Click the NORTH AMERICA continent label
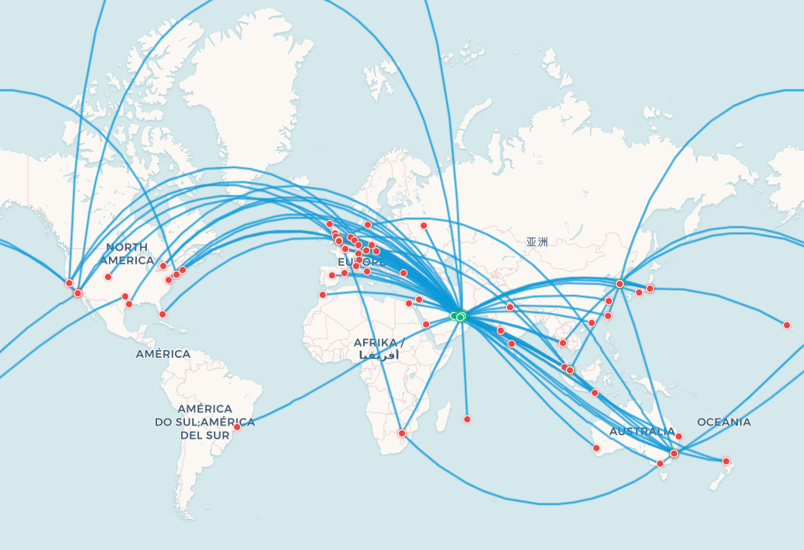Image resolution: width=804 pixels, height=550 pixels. tap(127, 254)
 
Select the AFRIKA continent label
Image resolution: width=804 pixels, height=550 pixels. tap(379, 343)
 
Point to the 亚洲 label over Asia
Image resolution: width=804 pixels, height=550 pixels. tap(537, 242)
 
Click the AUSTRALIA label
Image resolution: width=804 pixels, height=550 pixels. tap(642, 432)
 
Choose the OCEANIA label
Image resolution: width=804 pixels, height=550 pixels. tap(724, 422)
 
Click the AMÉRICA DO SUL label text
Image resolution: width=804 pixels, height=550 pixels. tap(205, 422)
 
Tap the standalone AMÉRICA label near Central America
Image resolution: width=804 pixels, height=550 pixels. tap(163, 354)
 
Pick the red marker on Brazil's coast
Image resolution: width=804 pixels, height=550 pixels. tap(237, 426)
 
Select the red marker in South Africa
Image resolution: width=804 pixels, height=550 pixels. tap(402, 433)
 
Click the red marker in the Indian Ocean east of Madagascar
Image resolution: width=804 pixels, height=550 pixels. tap(467, 419)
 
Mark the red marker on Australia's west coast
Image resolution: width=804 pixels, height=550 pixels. tap(596, 448)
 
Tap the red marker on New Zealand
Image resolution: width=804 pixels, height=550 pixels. tap(726, 461)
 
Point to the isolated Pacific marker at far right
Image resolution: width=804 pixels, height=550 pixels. tap(787, 325)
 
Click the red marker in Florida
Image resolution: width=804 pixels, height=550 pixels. tap(163, 314)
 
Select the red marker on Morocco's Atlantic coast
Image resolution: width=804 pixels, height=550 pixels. tap(323, 295)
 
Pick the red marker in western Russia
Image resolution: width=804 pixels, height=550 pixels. tap(424, 226)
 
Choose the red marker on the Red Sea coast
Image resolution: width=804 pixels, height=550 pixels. tap(426, 324)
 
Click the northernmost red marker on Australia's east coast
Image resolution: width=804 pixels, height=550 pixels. tap(679, 436)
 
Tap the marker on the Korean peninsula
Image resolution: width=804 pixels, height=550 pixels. tap(620, 284)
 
